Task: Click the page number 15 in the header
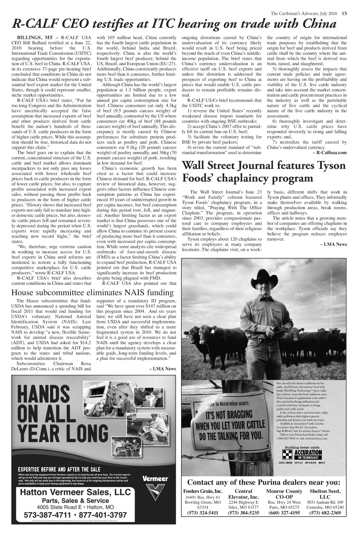pos(345,14)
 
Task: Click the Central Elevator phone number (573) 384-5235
pos(243,513)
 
